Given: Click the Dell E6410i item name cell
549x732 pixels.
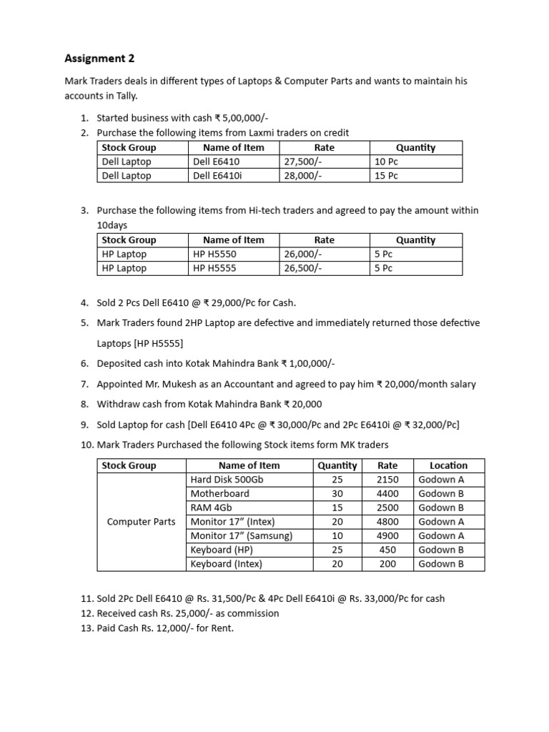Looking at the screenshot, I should click(218, 176).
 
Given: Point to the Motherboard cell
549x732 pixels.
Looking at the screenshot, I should click(219, 493).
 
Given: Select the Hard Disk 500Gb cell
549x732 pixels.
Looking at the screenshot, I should click(227, 479).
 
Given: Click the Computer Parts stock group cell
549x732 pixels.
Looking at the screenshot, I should click(141, 522).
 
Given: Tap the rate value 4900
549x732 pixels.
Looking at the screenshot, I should click(387, 535).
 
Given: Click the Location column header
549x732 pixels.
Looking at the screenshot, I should click(448, 465).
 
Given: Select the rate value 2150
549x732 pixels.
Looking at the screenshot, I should click(387, 479).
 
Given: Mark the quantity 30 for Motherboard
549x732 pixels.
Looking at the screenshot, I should click(337, 493).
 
